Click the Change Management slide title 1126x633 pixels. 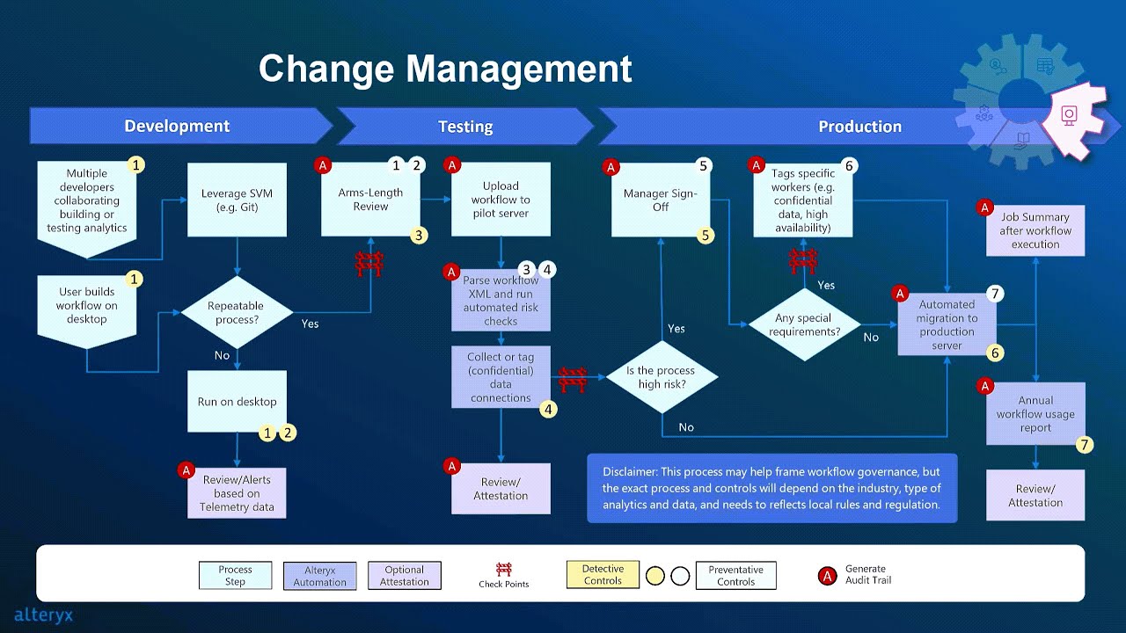pos(445,69)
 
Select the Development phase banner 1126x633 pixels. pos(177,127)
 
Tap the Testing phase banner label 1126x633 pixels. pos(465,127)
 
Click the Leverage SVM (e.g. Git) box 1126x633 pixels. pos(237,200)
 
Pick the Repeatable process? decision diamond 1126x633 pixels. pos(237,312)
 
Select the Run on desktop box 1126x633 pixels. pos(237,402)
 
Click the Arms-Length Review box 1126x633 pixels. pos(370,200)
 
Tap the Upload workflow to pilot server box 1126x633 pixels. pos(501,200)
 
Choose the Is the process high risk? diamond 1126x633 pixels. pos(662,377)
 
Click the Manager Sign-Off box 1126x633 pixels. pos(661,200)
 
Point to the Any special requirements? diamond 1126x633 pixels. pos(803,325)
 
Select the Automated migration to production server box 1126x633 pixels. pos(947,324)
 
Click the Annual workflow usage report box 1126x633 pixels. pos(1035,414)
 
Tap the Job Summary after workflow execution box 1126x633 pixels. pos(1035,230)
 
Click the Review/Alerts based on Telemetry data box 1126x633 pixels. pos(237,493)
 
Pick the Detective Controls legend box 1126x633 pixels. pos(603,575)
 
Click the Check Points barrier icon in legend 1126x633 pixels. pos(504,570)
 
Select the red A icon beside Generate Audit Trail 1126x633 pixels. pos(827,575)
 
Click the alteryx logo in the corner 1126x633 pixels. pos(43,615)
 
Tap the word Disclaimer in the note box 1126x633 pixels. pos(629,472)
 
